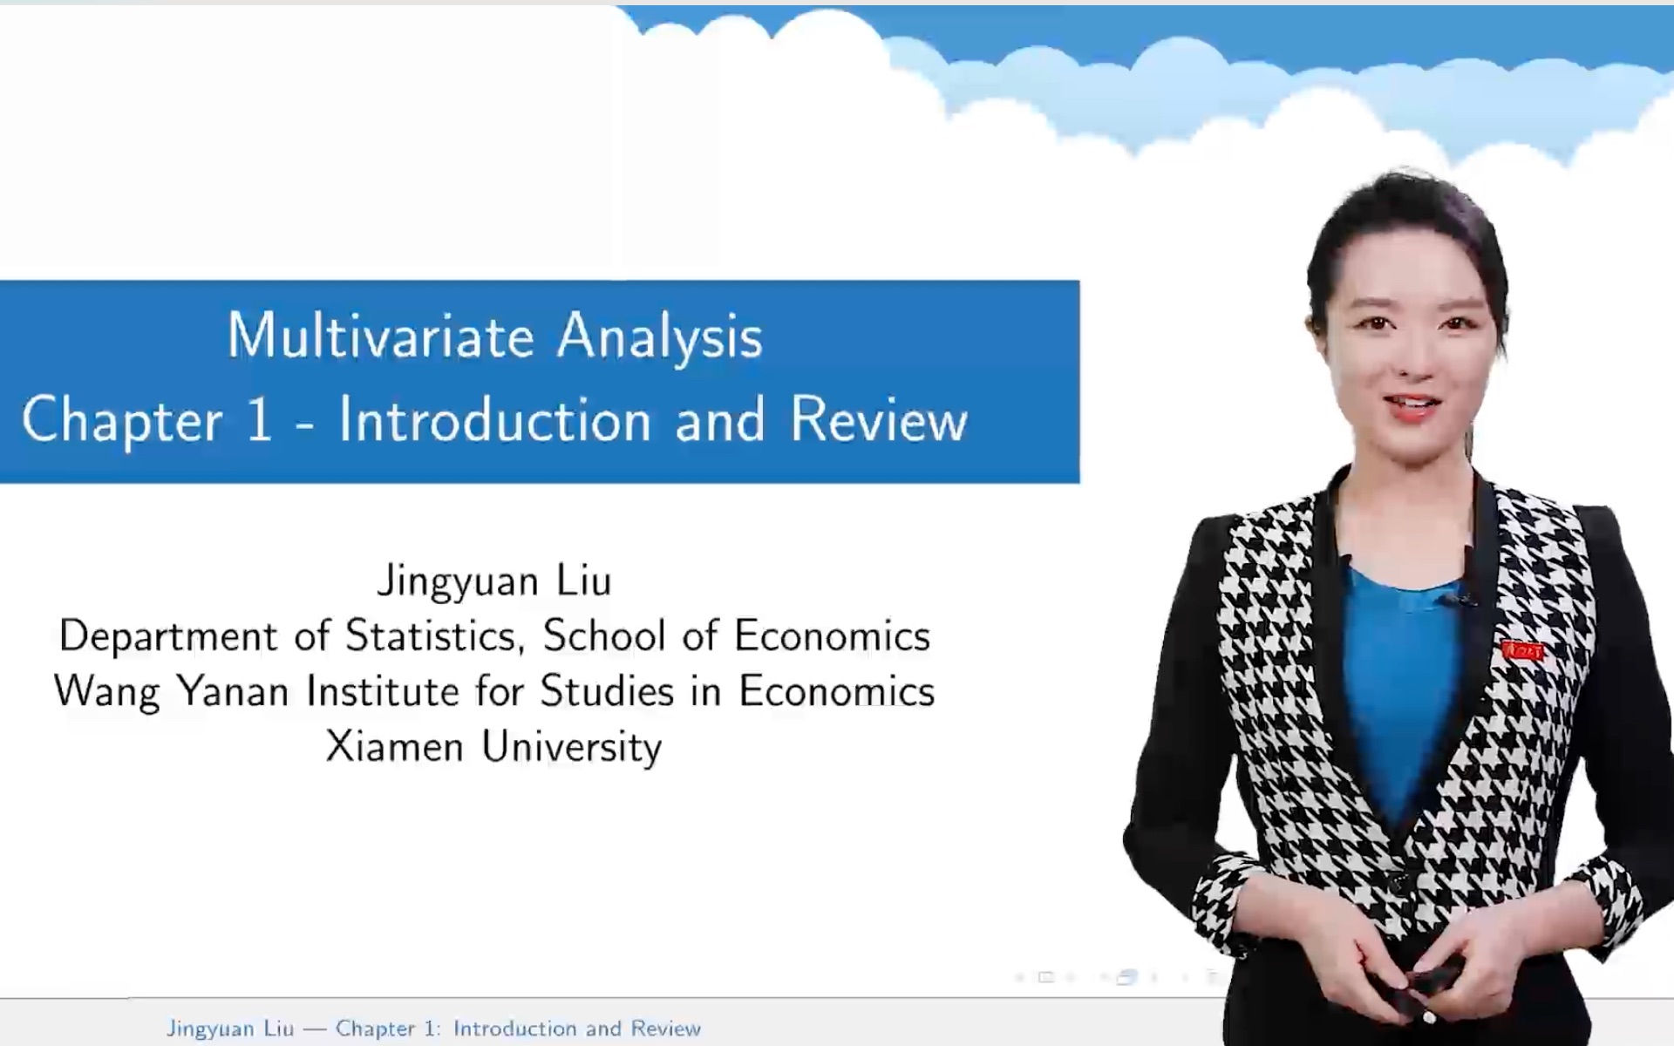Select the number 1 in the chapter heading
[259, 420]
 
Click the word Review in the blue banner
[879, 420]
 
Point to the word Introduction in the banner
[494, 420]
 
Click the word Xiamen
[394, 747]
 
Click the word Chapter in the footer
[375, 1029]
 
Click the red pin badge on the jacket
[1521, 650]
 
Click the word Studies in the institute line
[607, 692]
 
